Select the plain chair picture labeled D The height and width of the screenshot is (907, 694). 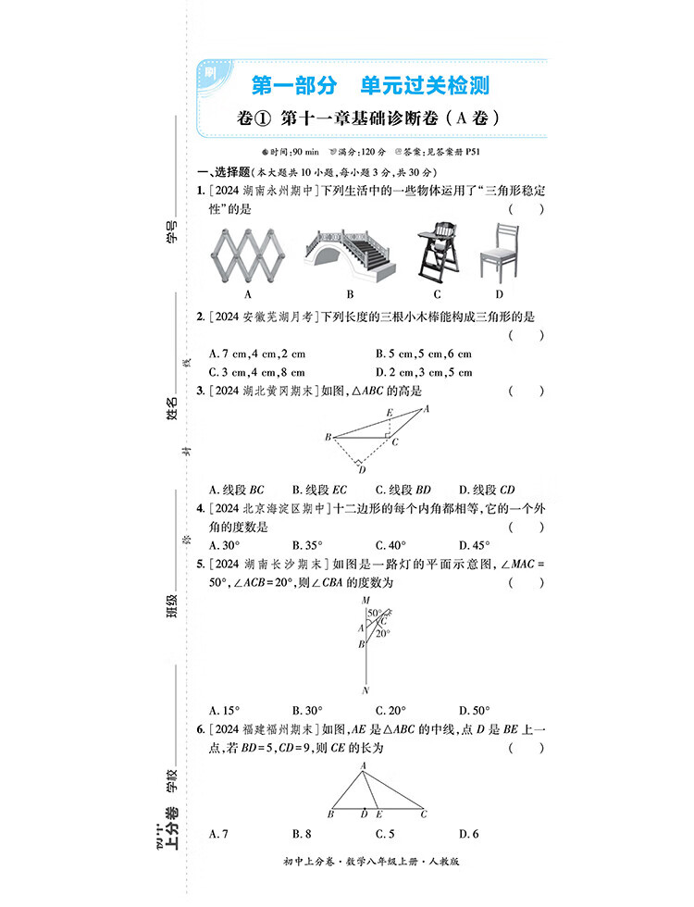pyautogui.click(x=499, y=251)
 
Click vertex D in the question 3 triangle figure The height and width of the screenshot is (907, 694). pyautogui.click(x=362, y=470)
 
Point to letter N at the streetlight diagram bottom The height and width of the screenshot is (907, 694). pyautogui.click(x=366, y=690)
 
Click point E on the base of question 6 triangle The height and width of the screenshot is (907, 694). pyautogui.click(x=380, y=814)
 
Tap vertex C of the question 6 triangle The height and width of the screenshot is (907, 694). pyautogui.click(x=424, y=814)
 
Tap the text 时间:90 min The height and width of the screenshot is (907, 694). pyautogui.click(x=291, y=151)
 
